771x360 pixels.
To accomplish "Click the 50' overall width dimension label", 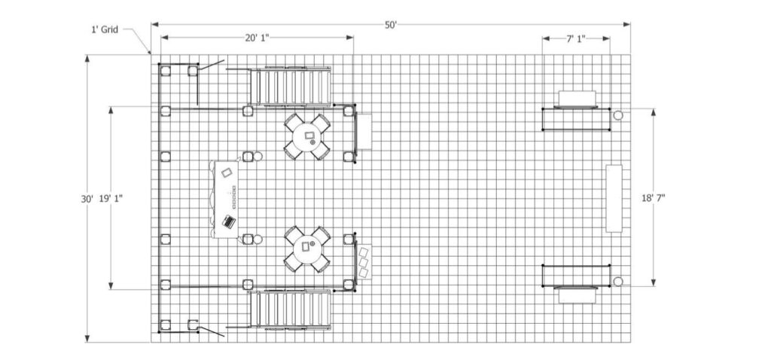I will (391, 25).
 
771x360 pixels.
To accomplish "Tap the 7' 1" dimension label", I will (576, 38).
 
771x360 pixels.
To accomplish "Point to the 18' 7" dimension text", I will (653, 198).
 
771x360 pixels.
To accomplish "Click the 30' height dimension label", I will (87, 199).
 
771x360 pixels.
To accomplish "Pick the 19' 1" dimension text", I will (111, 199).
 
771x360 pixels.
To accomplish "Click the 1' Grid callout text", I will (104, 30).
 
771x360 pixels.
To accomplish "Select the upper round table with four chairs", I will (307, 136).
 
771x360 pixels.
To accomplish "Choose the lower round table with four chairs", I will (307, 249).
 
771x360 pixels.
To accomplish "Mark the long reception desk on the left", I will (225, 199).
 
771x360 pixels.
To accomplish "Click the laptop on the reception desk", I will (229, 221).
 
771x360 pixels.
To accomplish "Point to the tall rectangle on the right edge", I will (614, 198).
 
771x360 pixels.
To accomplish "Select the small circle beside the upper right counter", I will (618, 115).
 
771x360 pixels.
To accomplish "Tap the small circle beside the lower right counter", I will (618, 282).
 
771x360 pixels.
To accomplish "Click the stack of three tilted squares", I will (365, 261).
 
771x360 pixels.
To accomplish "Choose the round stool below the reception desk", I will (258, 239).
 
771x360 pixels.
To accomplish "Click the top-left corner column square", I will (165, 71).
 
